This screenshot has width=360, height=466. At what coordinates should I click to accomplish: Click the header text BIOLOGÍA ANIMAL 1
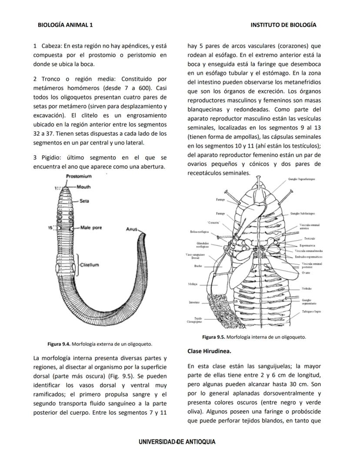tap(65, 25)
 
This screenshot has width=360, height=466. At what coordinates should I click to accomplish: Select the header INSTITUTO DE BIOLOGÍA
tap(283, 25)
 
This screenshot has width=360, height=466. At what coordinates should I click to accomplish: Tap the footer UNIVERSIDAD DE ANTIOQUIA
tap(177, 442)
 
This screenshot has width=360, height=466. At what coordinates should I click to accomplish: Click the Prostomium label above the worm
tap(79, 176)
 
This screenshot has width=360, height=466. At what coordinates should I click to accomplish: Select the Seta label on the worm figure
tap(84, 201)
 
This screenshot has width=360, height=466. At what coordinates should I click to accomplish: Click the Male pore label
tap(91, 228)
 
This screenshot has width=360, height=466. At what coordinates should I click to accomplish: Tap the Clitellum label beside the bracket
tap(90, 265)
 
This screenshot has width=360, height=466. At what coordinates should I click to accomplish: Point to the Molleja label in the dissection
tap(193, 284)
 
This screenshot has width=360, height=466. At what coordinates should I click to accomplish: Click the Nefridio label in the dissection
tap(307, 289)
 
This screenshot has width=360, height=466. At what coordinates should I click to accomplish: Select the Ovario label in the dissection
tap(306, 273)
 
